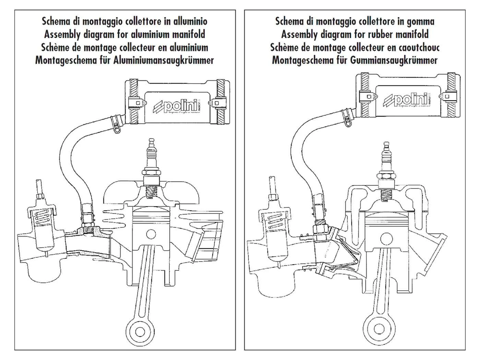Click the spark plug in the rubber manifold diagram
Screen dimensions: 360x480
[385, 161]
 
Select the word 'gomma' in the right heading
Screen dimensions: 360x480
[420, 21]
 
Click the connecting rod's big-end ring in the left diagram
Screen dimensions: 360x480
[140, 332]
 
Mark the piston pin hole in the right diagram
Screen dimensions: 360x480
[386, 238]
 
